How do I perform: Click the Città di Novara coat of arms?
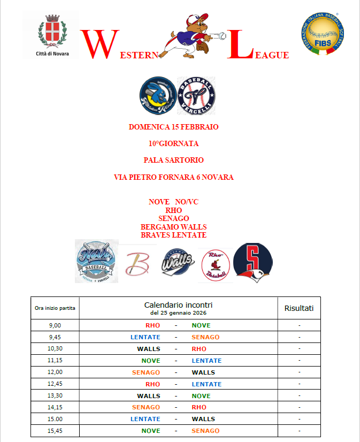(52, 32)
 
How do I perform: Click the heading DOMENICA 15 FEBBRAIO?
(174, 127)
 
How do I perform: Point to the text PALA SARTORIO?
(174, 160)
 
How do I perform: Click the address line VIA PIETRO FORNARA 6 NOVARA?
(174, 177)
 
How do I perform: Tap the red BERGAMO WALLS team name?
(174, 227)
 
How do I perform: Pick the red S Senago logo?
(252, 262)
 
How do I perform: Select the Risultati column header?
(299, 308)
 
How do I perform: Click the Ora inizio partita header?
(55, 308)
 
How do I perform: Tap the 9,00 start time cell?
(55, 325)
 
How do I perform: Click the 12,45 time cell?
(55, 384)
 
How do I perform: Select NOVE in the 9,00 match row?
(201, 325)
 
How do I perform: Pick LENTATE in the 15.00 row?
(145, 419)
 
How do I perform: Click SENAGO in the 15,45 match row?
(205, 431)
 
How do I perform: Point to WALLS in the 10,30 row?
(149, 349)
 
